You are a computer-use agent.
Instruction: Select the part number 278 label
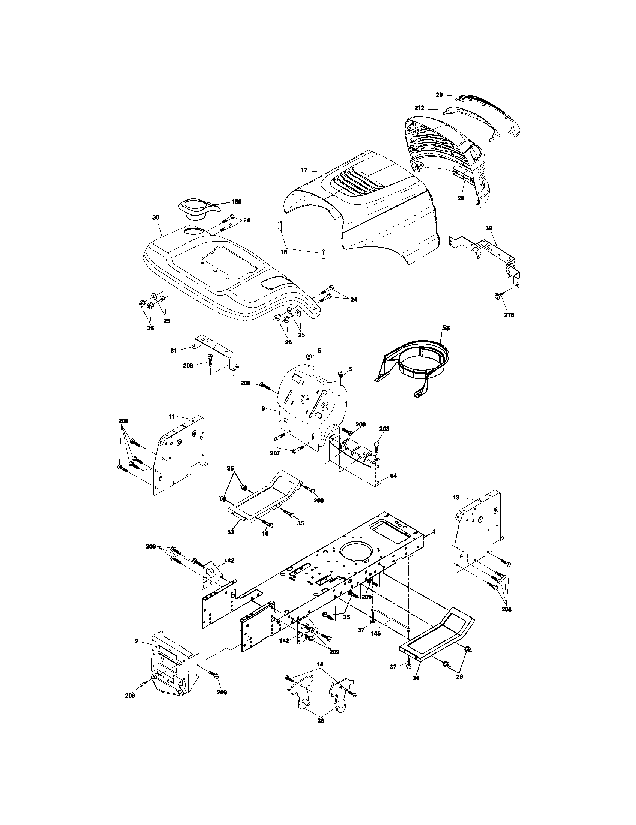(x=509, y=315)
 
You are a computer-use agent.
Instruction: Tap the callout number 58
(x=445, y=328)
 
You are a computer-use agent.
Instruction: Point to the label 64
(x=393, y=476)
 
